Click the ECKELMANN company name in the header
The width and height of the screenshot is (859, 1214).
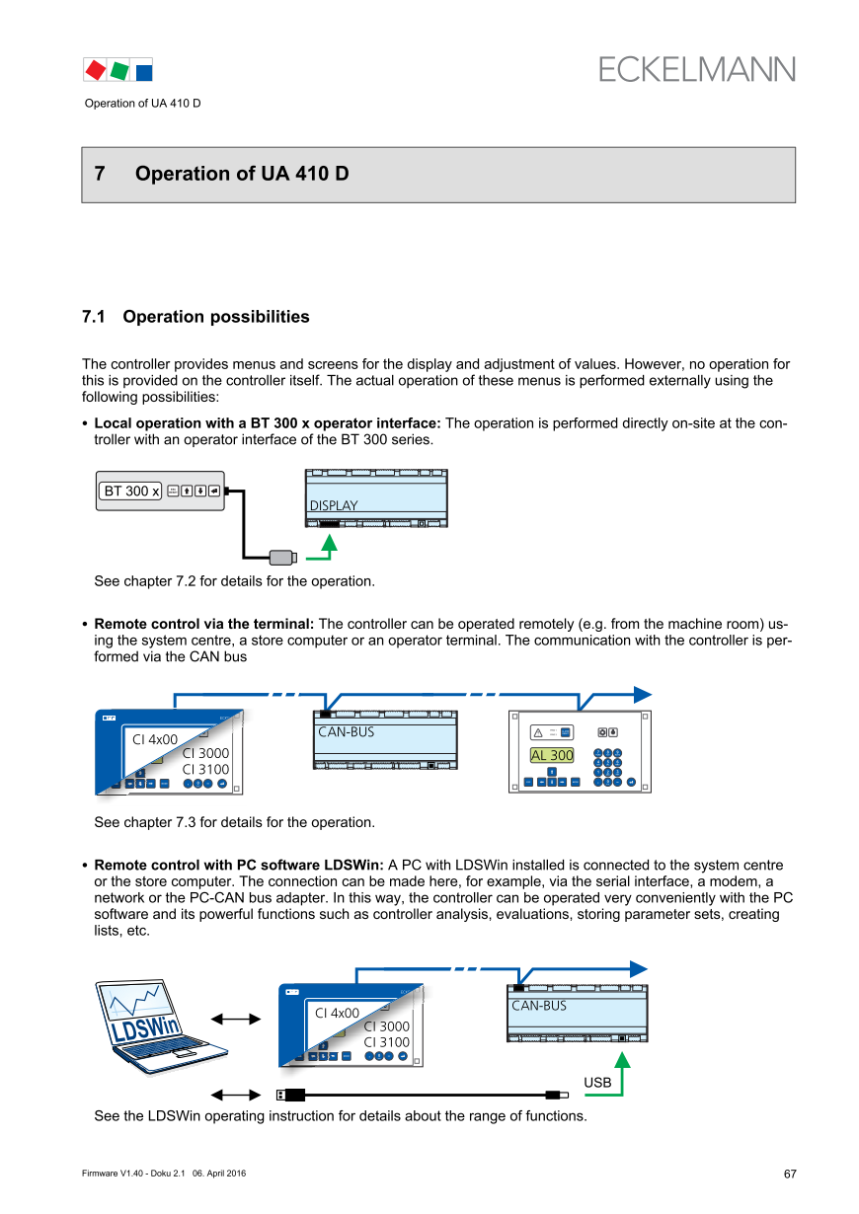click(x=696, y=69)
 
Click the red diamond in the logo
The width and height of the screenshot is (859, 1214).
click(x=96, y=70)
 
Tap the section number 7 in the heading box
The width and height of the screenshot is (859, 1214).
click(x=100, y=174)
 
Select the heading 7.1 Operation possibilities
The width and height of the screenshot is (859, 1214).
click(x=195, y=317)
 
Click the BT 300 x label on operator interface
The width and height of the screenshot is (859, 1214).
click(x=131, y=491)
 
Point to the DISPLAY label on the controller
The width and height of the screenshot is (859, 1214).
click(x=334, y=505)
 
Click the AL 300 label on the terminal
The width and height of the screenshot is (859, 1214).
click(x=552, y=755)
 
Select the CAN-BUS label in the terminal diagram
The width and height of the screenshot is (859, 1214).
click(x=346, y=732)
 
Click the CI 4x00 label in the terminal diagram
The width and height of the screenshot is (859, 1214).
click(x=155, y=738)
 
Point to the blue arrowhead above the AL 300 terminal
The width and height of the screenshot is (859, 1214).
click(x=642, y=693)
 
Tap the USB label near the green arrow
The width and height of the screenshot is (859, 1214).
click(x=597, y=1083)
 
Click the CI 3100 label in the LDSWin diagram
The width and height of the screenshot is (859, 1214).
click(x=387, y=1042)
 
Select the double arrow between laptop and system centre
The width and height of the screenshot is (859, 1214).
click(x=235, y=1019)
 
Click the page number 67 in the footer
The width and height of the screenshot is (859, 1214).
click(x=789, y=1174)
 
